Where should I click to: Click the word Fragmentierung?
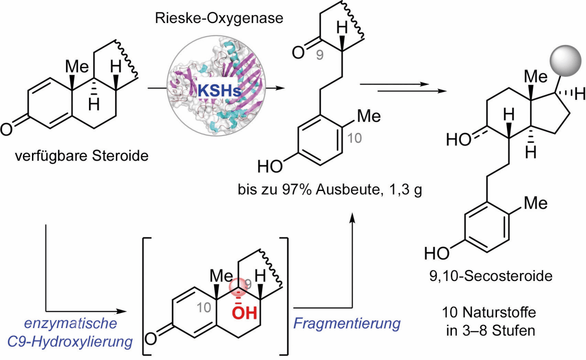347,323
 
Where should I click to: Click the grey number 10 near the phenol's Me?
355,139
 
